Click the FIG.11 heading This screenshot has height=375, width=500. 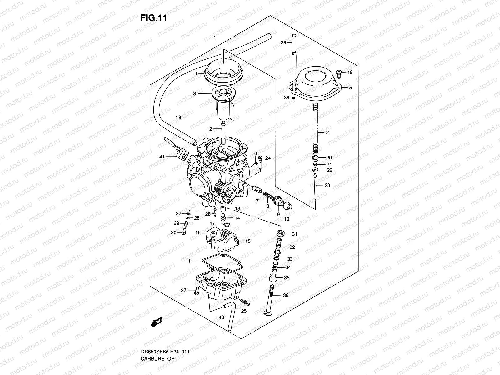click(153, 18)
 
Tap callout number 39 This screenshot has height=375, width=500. click(283, 43)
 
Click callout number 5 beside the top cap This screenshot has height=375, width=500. click(351, 88)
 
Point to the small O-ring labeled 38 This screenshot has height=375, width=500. click(293, 98)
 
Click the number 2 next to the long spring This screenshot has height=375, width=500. click(327, 132)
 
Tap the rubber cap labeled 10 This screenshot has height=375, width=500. click(287, 207)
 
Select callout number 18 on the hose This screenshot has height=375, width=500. click(178, 117)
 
